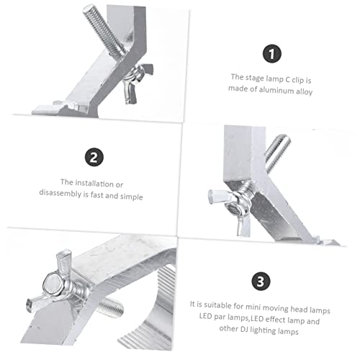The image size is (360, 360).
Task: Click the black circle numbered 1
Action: pos(271,54)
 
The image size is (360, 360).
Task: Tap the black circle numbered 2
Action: pos(94,157)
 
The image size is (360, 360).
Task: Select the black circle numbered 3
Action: pos(261,281)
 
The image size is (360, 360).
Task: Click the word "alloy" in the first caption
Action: pos(304,91)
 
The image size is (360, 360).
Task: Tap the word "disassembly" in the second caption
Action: pos(60,193)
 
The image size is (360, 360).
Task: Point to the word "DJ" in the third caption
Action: pos(244,329)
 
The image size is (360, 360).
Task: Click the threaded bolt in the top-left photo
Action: pos(104,30)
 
